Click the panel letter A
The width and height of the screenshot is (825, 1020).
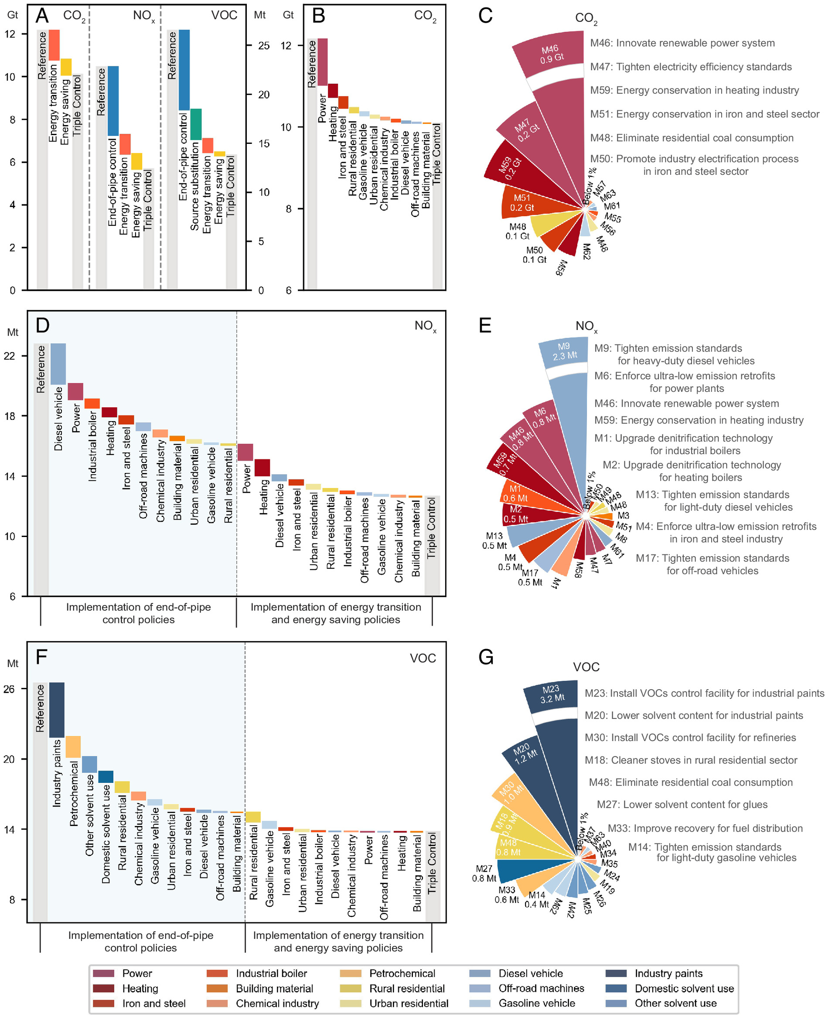[42, 16]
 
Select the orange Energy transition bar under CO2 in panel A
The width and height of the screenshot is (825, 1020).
[54, 45]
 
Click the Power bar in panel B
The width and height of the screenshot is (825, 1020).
[322, 62]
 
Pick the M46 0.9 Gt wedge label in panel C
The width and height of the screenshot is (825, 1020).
[551, 54]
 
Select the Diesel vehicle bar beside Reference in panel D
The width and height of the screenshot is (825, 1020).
[58, 364]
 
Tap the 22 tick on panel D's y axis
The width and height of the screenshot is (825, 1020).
[10, 356]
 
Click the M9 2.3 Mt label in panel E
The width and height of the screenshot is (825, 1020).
[564, 350]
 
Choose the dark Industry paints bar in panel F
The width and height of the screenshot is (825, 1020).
[57, 710]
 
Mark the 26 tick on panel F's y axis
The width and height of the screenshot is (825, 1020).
[10, 689]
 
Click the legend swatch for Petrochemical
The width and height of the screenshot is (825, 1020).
[351, 973]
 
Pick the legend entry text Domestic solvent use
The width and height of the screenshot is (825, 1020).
[684, 989]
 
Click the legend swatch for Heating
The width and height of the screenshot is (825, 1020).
[103, 989]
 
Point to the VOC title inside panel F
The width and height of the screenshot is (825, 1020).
[423, 658]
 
